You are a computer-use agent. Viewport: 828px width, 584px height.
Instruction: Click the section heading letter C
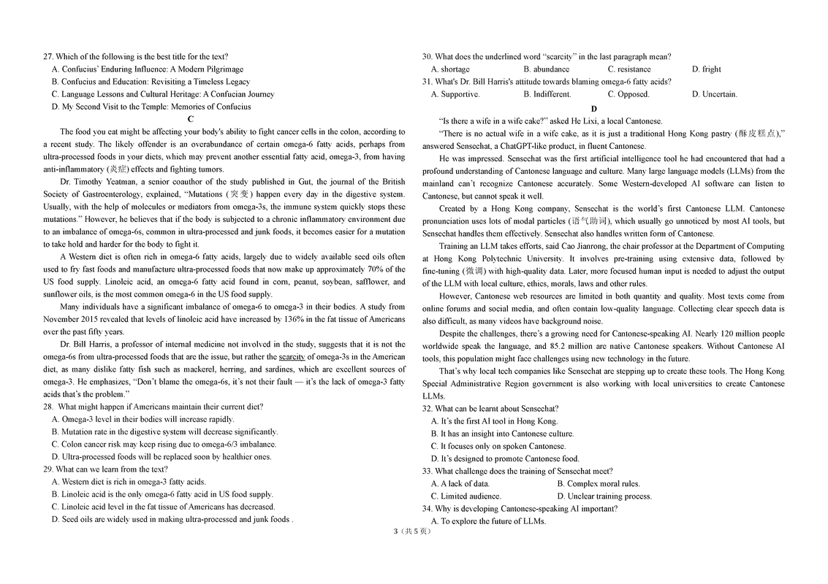(x=191, y=118)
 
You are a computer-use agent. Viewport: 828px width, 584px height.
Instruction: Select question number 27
(x=48, y=57)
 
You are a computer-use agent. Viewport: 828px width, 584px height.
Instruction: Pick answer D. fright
(x=706, y=69)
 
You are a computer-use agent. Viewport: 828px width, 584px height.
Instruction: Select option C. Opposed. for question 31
(x=628, y=94)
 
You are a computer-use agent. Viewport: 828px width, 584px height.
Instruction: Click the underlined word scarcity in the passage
(x=292, y=357)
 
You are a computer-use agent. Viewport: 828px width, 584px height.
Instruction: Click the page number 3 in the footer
(x=395, y=531)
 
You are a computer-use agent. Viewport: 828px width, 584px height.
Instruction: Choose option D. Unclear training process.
(x=604, y=496)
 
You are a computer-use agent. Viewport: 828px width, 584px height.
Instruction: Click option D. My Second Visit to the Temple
(x=151, y=107)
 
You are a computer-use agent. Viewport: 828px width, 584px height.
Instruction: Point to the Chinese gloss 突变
(x=239, y=194)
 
